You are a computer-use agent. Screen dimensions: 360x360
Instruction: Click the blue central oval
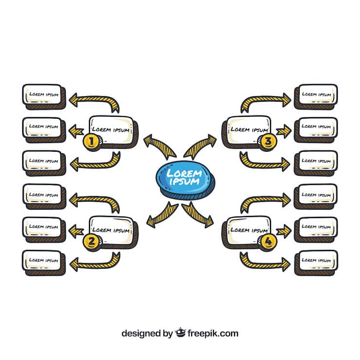[185, 180]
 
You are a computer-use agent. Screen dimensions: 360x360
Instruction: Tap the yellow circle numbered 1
[91, 142]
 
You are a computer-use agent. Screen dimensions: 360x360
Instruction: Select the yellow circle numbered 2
[91, 241]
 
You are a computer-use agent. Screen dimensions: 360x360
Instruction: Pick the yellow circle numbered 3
[268, 142]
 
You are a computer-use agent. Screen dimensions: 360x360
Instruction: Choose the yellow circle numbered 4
[268, 241]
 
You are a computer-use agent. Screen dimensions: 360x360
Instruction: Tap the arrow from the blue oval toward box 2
[162, 215]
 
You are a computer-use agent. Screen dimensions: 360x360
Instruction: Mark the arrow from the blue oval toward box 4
[198, 215]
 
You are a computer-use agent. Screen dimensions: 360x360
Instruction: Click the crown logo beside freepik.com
[180, 333]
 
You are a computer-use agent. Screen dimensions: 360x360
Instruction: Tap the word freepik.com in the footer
[213, 333]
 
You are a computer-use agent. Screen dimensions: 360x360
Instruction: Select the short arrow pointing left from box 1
[76, 131]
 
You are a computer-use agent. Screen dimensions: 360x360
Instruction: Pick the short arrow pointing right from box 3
[284, 131]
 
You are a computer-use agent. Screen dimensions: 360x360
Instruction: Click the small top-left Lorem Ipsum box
[44, 97]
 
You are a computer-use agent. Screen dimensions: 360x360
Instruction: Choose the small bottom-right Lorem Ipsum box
[316, 263]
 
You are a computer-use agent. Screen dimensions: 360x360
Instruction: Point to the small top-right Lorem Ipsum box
[316, 97]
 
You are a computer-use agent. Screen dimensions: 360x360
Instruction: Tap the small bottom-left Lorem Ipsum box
[44, 263]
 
